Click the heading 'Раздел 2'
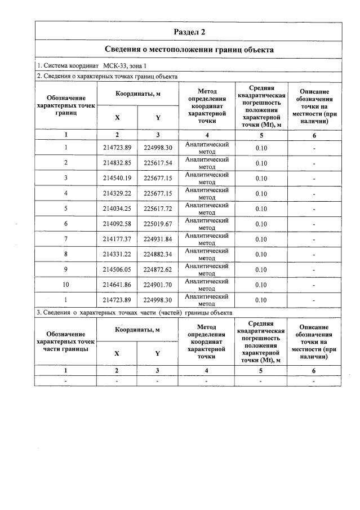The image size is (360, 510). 189,32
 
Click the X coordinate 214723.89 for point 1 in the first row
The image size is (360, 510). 117,148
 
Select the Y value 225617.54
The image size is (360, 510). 158,163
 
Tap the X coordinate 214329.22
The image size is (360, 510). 117,193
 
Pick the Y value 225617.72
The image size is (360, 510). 158,209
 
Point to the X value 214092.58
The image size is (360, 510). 117,224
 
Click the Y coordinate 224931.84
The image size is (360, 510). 158,239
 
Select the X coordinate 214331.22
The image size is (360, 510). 117,254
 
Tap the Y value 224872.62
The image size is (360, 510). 158,269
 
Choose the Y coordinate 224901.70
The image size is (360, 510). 158,285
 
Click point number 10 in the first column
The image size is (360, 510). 66,285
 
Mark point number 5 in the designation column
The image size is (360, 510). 66,209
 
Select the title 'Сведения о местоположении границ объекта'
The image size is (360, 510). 189,50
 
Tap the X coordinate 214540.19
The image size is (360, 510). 117,178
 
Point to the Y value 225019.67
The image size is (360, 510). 158,224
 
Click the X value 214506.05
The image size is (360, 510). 117,269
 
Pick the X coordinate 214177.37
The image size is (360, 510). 117,239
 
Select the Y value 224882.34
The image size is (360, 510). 158,254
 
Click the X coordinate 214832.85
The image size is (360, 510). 117,163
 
